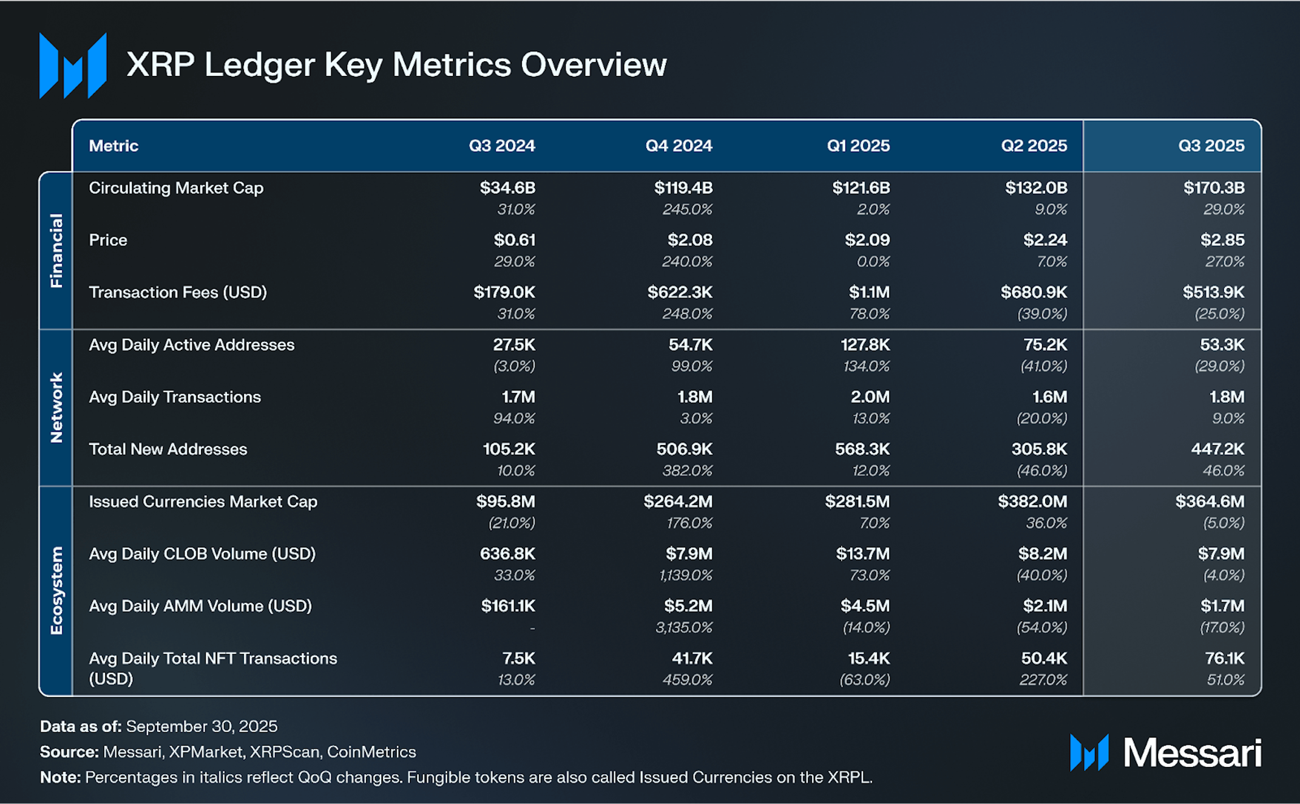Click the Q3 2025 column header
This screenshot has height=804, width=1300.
pos(1211,146)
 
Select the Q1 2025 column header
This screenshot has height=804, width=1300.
pos(858,146)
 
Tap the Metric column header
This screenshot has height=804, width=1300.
pos(113,146)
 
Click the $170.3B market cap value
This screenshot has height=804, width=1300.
pos(1213,188)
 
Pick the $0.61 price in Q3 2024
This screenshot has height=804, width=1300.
pos(514,240)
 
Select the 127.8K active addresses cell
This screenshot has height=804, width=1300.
pos(864,345)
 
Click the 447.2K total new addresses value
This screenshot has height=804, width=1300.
pos(1217,449)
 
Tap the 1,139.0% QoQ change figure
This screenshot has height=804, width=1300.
pos(685,575)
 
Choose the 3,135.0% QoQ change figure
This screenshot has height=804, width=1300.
pos(683,627)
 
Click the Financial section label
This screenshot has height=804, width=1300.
pos(56,250)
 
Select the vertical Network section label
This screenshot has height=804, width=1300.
pos(56,407)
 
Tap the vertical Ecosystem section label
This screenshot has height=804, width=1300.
pos(56,591)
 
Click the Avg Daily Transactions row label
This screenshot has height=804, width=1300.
pos(175,397)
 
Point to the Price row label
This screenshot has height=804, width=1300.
pos(108,240)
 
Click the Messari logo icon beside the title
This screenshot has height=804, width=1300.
pos(73,66)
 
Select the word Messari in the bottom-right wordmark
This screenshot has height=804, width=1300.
pos(1192,753)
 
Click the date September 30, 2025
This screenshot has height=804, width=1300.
pos(201,726)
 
